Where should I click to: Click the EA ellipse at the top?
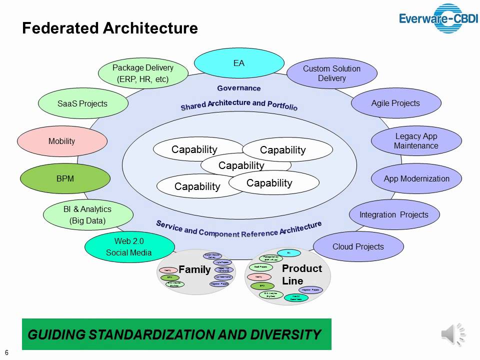coord(238,63)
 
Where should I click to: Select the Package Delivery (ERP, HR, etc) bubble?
coord(143,73)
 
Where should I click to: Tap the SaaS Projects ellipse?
coord(82,103)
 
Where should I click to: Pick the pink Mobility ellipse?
coord(62,141)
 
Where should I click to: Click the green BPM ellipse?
coord(65,178)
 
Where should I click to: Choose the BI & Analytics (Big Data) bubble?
coord(88,215)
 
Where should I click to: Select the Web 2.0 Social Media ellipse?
coord(129,246)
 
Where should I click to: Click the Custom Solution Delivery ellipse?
coord(331,73)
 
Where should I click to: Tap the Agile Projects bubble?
coord(395,103)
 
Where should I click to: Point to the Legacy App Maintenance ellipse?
coord(416,141)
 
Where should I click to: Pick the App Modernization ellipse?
coord(416,178)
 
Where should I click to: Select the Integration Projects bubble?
coord(394,214)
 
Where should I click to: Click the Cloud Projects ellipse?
coord(358,246)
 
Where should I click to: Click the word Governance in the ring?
coord(239,88)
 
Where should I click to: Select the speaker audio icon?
coord(453,334)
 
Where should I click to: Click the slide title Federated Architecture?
coord(110,28)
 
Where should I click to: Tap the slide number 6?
coord(7,351)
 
